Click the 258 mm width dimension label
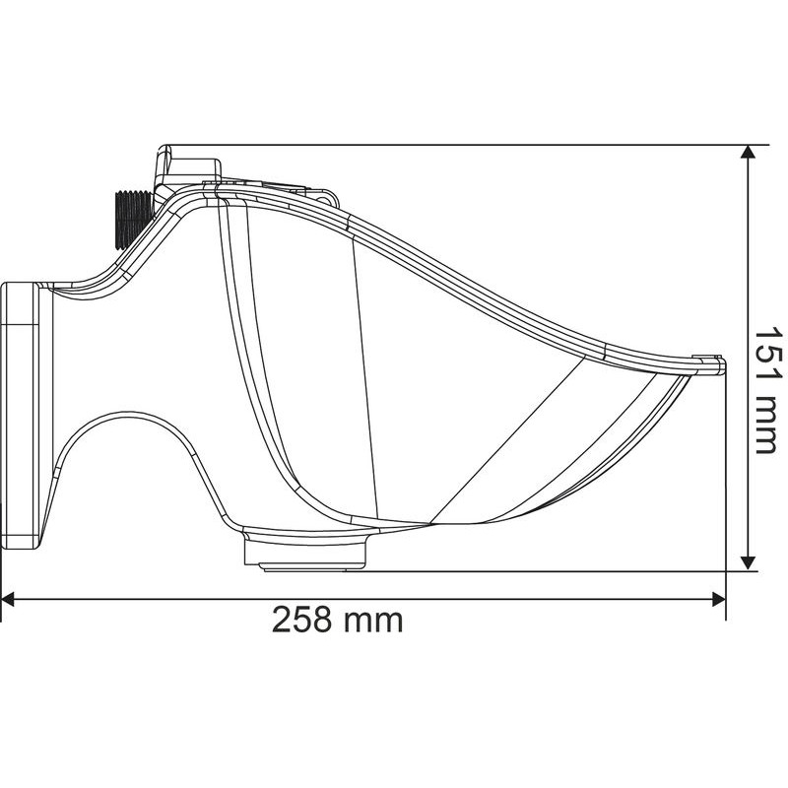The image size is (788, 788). point(337,620)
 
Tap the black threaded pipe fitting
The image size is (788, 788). point(133,219)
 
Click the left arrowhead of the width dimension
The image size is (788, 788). point(8,599)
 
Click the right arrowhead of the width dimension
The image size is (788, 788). point(719,599)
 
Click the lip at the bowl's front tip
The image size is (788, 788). point(709,363)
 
